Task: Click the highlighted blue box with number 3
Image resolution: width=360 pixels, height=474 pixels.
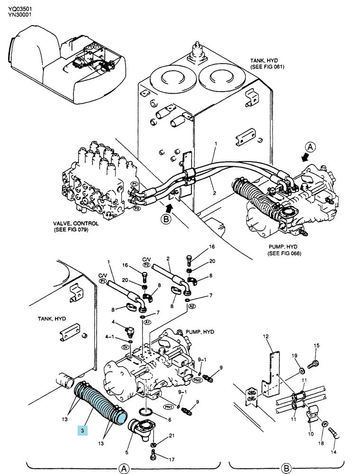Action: coord(82,431)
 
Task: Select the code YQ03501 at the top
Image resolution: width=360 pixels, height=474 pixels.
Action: coord(20,9)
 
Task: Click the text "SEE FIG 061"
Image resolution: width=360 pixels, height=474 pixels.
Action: coord(268,66)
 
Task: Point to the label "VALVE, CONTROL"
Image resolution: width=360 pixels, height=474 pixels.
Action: coord(76,224)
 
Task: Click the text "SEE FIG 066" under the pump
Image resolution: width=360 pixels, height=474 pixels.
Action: coord(284,253)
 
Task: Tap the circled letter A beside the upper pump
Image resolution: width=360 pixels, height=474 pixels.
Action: coord(310,147)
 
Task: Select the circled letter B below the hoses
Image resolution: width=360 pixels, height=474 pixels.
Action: coord(166,219)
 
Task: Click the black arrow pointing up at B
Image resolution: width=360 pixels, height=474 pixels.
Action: coord(170,208)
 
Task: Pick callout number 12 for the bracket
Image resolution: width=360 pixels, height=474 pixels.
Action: coord(266,336)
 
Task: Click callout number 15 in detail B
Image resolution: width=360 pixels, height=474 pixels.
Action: coord(316,345)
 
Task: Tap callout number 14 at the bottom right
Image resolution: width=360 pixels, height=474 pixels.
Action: coord(333,452)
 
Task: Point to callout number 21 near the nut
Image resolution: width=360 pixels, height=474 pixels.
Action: coord(171,435)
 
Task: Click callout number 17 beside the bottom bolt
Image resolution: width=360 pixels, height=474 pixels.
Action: coord(171,459)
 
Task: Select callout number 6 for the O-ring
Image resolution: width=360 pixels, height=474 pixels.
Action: coord(170,419)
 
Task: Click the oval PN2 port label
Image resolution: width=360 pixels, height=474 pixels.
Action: coord(197,380)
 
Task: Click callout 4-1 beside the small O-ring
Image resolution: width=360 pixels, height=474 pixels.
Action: coord(109,337)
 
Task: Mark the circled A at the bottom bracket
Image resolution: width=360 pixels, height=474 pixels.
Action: coord(124,468)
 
